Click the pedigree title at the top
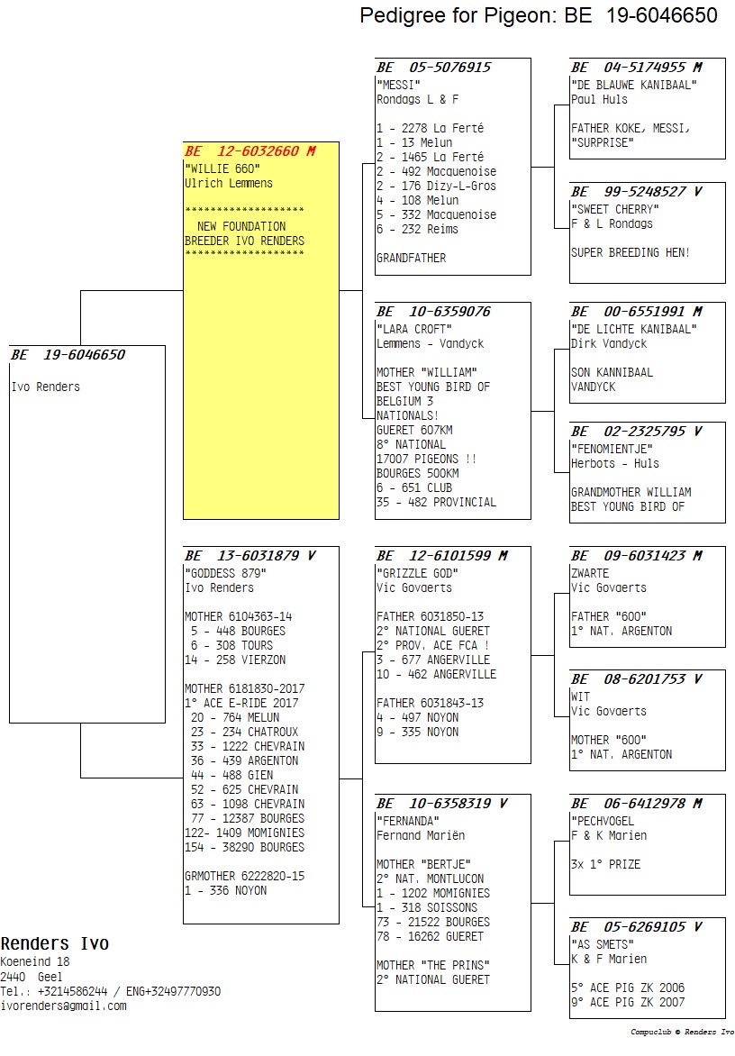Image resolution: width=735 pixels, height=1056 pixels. tap(539, 15)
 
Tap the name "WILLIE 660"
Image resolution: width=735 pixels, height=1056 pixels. tap(222, 168)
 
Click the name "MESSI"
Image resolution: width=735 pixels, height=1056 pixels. tap(398, 85)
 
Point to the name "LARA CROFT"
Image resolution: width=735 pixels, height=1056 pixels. tap(414, 330)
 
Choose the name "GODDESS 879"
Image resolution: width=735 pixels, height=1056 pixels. tap(225, 573)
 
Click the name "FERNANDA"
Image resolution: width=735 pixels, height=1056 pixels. tap(408, 821)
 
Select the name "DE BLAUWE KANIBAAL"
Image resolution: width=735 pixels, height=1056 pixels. tap(634, 85)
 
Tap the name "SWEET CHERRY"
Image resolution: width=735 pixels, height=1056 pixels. tap(615, 209)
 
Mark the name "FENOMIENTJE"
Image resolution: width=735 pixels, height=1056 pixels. tap(612, 450)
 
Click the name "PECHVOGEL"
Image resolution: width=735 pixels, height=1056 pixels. tap(603, 821)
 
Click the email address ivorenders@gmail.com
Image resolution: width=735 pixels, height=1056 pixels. tap(63, 1006)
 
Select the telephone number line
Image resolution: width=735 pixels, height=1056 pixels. tap(111, 991)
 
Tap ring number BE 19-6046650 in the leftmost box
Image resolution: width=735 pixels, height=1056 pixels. tap(68, 355)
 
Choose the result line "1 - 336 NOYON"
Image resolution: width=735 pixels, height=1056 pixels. tap(226, 891)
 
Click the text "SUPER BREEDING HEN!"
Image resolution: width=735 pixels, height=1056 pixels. tap(631, 253)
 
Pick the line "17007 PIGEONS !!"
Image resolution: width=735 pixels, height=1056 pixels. tap(427, 460)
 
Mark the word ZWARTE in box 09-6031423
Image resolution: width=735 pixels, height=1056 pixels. tap(590, 574)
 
